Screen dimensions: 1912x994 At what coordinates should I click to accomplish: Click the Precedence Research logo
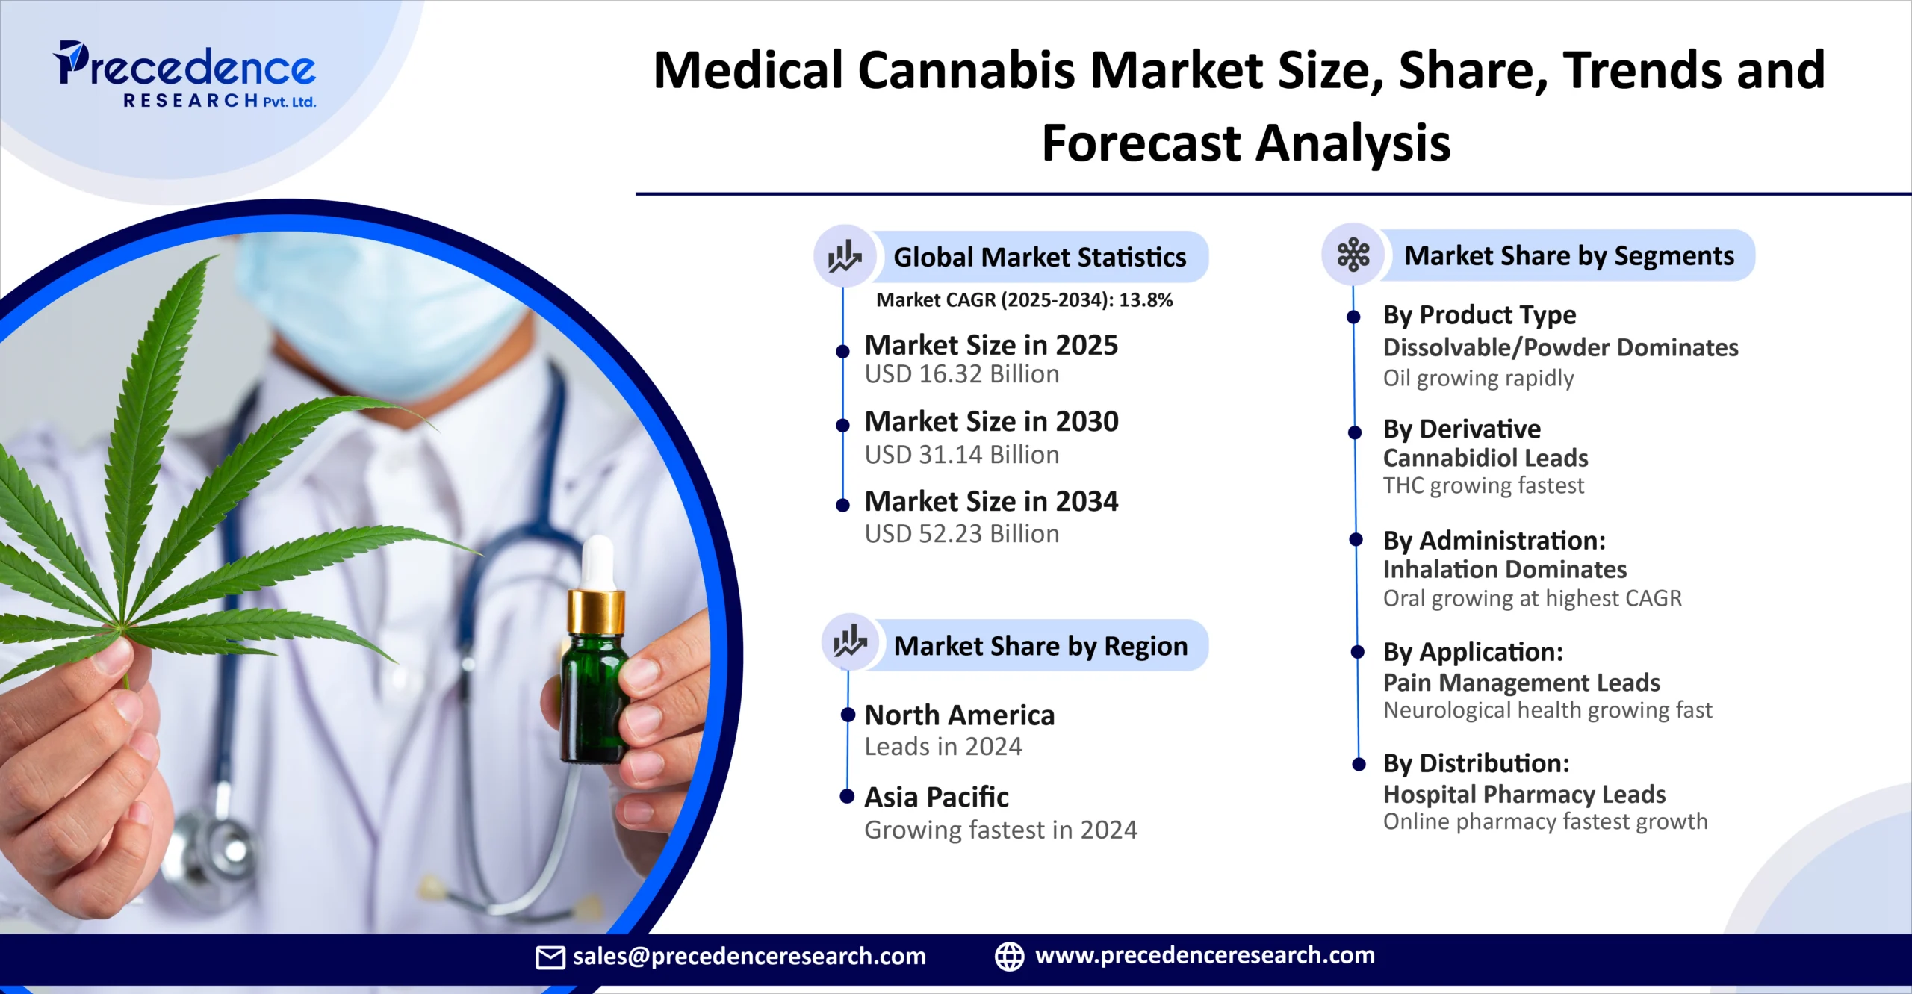[x=185, y=75]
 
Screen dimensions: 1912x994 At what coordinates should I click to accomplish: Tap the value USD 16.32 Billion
[x=962, y=374]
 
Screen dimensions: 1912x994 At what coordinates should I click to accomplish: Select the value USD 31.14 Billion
[x=962, y=455]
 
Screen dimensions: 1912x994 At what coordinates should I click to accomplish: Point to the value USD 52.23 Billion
[x=962, y=534]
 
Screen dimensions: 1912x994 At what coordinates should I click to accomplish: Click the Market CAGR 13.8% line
[x=1024, y=300]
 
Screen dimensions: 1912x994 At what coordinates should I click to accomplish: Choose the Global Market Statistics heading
[x=1040, y=258]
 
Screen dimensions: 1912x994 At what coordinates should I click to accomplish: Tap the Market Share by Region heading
[x=1040, y=646]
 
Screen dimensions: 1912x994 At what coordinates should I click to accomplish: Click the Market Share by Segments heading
[x=1569, y=256]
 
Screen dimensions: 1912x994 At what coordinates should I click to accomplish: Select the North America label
[x=960, y=715]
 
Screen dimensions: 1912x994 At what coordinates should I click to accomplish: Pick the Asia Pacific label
[x=937, y=798]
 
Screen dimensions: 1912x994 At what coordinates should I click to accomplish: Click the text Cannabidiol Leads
[x=1486, y=458]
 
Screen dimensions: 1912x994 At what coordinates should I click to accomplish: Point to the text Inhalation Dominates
[x=1505, y=570]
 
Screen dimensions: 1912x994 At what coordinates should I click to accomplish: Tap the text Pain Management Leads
[x=1521, y=683]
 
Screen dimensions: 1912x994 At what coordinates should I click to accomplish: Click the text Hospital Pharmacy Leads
[x=1524, y=794]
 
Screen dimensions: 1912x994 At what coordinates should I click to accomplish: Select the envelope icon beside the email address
[x=550, y=957]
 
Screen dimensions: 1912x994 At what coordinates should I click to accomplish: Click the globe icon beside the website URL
[x=1010, y=957]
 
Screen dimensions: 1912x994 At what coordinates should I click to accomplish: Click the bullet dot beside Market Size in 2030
[x=842, y=426]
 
